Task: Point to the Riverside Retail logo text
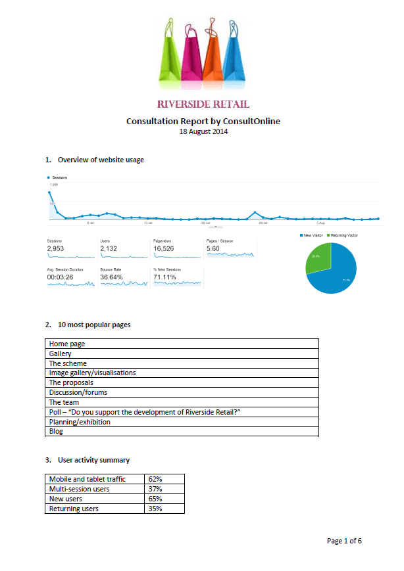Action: (x=203, y=105)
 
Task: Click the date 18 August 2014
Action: (x=203, y=131)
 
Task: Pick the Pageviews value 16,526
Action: (x=165, y=249)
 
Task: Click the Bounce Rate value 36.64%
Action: (x=112, y=277)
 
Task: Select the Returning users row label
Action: (x=73, y=509)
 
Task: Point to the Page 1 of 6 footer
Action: (x=344, y=541)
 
